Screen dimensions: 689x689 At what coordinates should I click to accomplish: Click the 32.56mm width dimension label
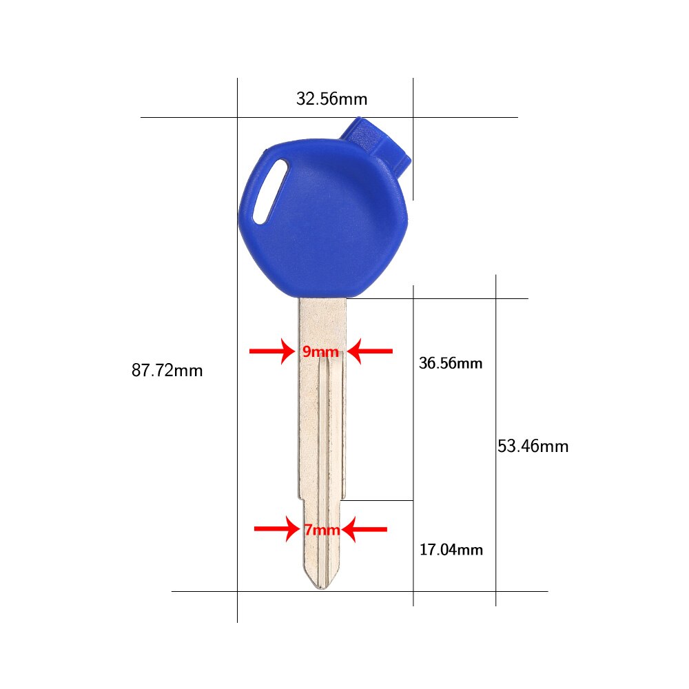(331, 99)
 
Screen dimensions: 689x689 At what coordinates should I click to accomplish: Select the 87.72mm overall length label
(167, 371)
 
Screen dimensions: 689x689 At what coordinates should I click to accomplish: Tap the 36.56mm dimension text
(451, 363)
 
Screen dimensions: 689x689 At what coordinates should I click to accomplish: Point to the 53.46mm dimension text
(533, 446)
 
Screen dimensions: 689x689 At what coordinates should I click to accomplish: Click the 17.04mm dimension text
(451, 550)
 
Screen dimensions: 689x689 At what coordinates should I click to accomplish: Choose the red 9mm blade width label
(320, 352)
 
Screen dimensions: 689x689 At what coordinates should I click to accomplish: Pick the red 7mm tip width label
(322, 530)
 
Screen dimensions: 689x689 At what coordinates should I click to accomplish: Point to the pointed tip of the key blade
(321, 587)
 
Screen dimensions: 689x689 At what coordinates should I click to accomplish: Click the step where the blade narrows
(342, 501)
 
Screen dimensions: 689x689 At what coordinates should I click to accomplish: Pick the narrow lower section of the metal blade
(322, 551)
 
